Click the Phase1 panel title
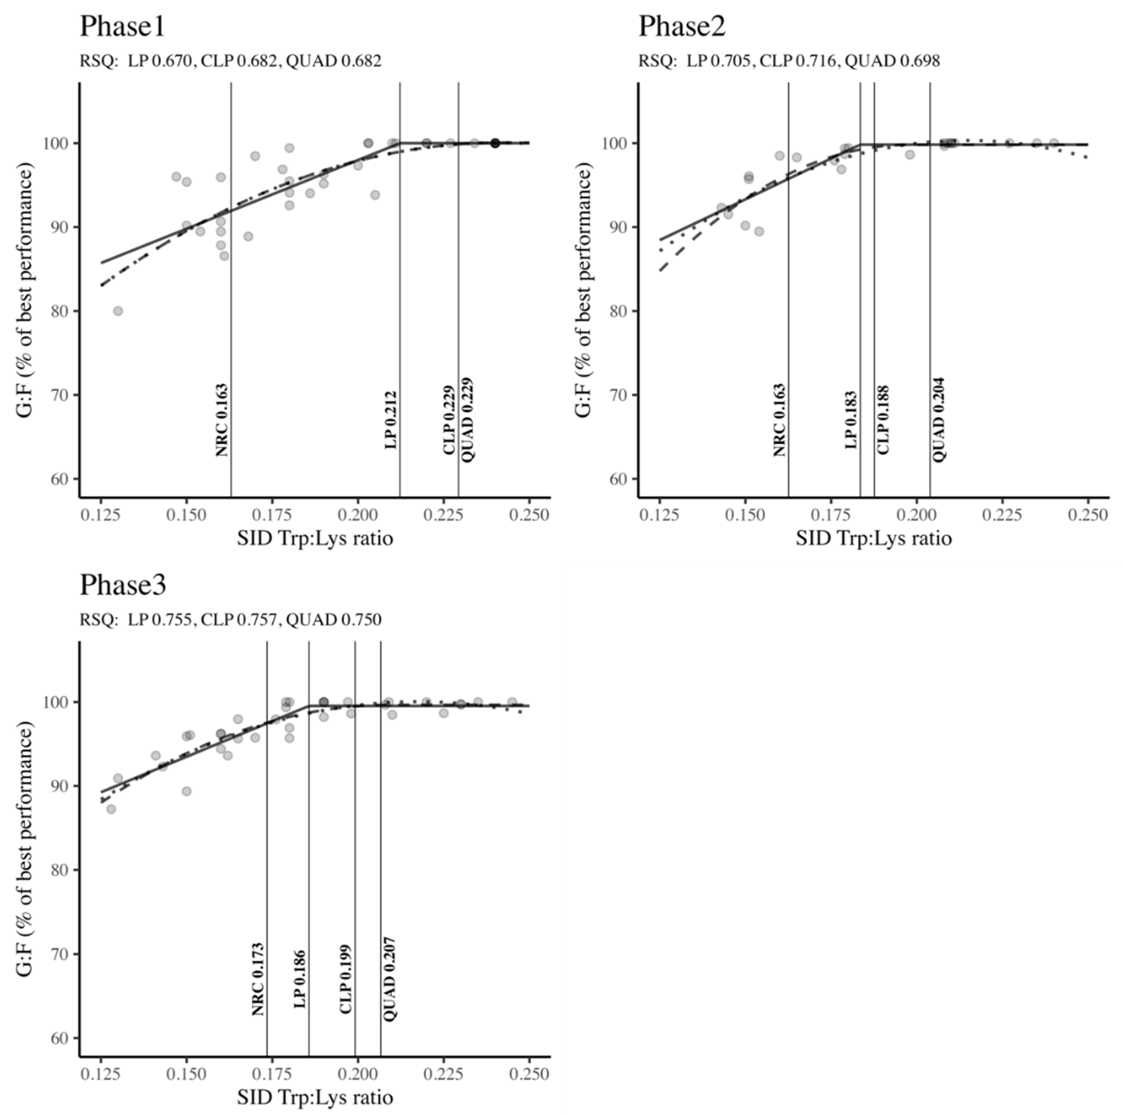click(x=122, y=27)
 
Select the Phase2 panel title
click(x=682, y=27)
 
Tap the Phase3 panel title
click(x=123, y=585)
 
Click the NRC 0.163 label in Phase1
click(x=222, y=420)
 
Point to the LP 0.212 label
click(x=391, y=420)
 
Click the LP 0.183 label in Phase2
click(x=851, y=420)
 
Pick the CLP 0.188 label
click(x=883, y=420)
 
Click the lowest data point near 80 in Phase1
click(x=118, y=311)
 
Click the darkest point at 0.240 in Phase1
click(x=495, y=143)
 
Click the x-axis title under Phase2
click(x=874, y=539)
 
